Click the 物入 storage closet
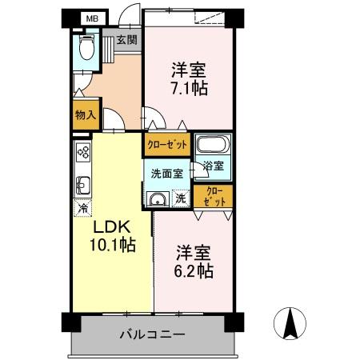(x=85, y=114)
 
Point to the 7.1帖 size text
(x=190, y=88)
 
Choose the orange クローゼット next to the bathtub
(x=166, y=144)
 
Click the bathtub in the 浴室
(x=213, y=146)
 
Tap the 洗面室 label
(x=166, y=172)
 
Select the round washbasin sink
(x=158, y=200)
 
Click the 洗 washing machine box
(x=181, y=198)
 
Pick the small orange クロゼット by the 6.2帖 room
(x=214, y=196)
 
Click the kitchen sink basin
(x=82, y=186)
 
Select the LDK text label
(x=110, y=227)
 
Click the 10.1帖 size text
(x=112, y=246)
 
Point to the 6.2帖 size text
(x=194, y=271)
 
